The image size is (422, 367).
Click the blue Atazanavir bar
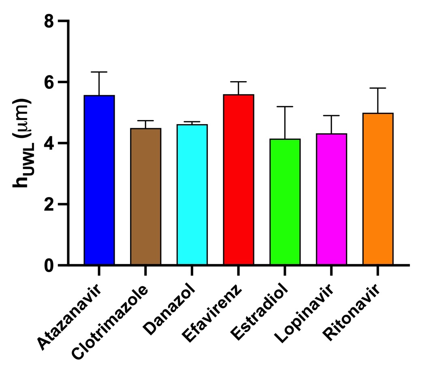99,180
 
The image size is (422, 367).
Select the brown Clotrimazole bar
145,197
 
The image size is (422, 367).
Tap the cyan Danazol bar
192,195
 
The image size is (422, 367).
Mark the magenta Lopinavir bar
331,199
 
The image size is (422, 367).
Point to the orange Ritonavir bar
378,189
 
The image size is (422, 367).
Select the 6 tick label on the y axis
50,82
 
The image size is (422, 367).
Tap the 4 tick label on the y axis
50,143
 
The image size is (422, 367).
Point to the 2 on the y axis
50,204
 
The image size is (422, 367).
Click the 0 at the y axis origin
50,265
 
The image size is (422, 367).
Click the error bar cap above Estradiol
285,107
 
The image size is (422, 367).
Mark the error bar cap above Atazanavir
99,72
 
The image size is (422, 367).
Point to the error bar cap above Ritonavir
378,88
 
